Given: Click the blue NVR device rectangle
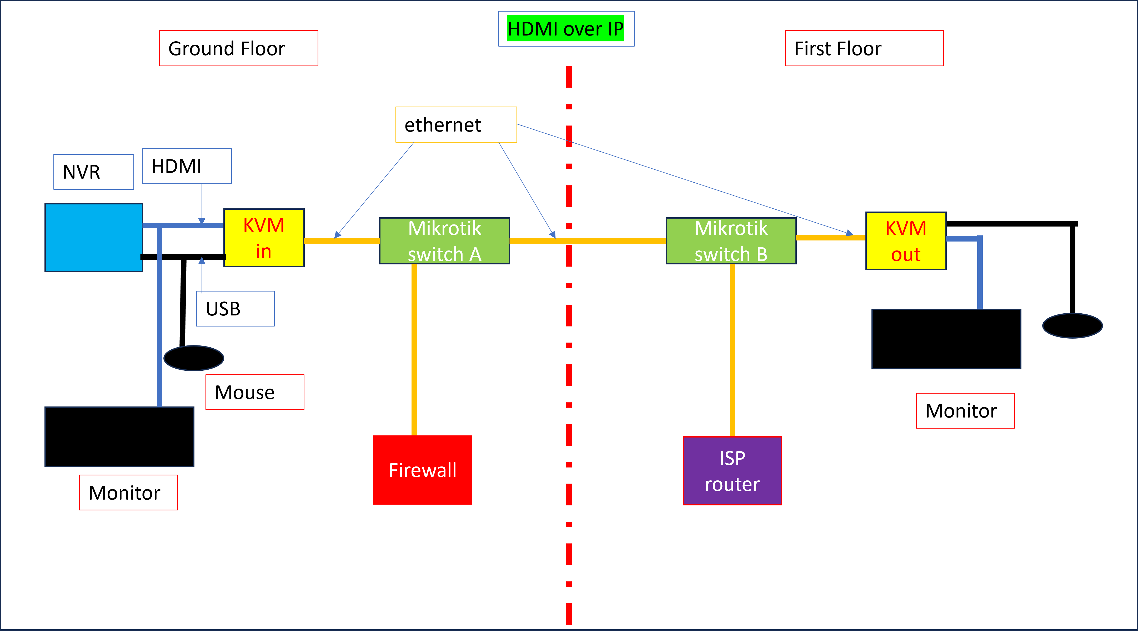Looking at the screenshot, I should click(x=94, y=238).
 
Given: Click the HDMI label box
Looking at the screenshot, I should click(x=187, y=166).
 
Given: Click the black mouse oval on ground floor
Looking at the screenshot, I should click(x=193, y=358).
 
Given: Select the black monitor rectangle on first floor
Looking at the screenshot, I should click(x=946, y=339).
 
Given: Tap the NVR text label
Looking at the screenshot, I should click(x=94, y=172).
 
